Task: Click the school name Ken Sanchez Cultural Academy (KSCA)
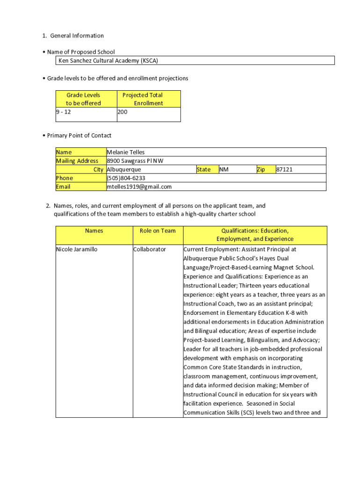[111, 61]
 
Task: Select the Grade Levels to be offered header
[83, 99]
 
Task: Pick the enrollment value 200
[122, 112]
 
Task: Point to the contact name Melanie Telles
[126, 152]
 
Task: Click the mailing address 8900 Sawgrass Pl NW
[135, 161]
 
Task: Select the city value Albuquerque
[124, 169]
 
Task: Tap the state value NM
[224, 169]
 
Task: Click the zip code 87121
[284, 169]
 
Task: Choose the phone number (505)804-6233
[126, 178]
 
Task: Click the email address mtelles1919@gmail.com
[139, 187]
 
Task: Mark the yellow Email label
[63, 187]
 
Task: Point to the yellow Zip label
[260, 169]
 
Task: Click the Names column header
[94, 231]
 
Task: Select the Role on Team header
[158, 231]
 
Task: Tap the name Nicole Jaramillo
[77, 249]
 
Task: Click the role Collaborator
[150, 249]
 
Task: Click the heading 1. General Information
[73, 36]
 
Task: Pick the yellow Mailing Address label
[77, 161]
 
